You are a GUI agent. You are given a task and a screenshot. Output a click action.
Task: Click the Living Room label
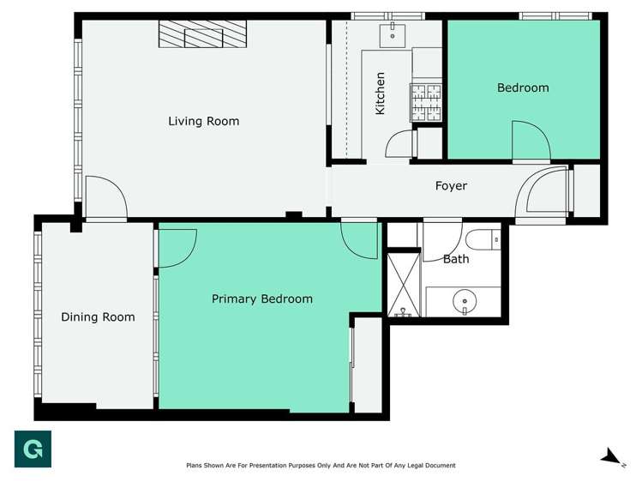[203, 122]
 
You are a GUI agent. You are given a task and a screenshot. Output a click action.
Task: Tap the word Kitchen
[380, 93]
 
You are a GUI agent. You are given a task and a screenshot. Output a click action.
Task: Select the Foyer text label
[451, 186]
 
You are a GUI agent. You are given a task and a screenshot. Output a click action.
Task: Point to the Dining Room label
[98, 317]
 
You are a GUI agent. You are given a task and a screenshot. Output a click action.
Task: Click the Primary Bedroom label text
[262, 299]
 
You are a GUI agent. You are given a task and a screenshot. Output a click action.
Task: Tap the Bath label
[456, 259]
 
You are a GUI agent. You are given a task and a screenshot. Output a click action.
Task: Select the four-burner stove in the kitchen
[426, 101]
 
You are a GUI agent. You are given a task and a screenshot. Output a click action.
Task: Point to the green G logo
[33, 449]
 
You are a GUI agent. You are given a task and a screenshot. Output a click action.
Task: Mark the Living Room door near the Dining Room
[105, 199]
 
